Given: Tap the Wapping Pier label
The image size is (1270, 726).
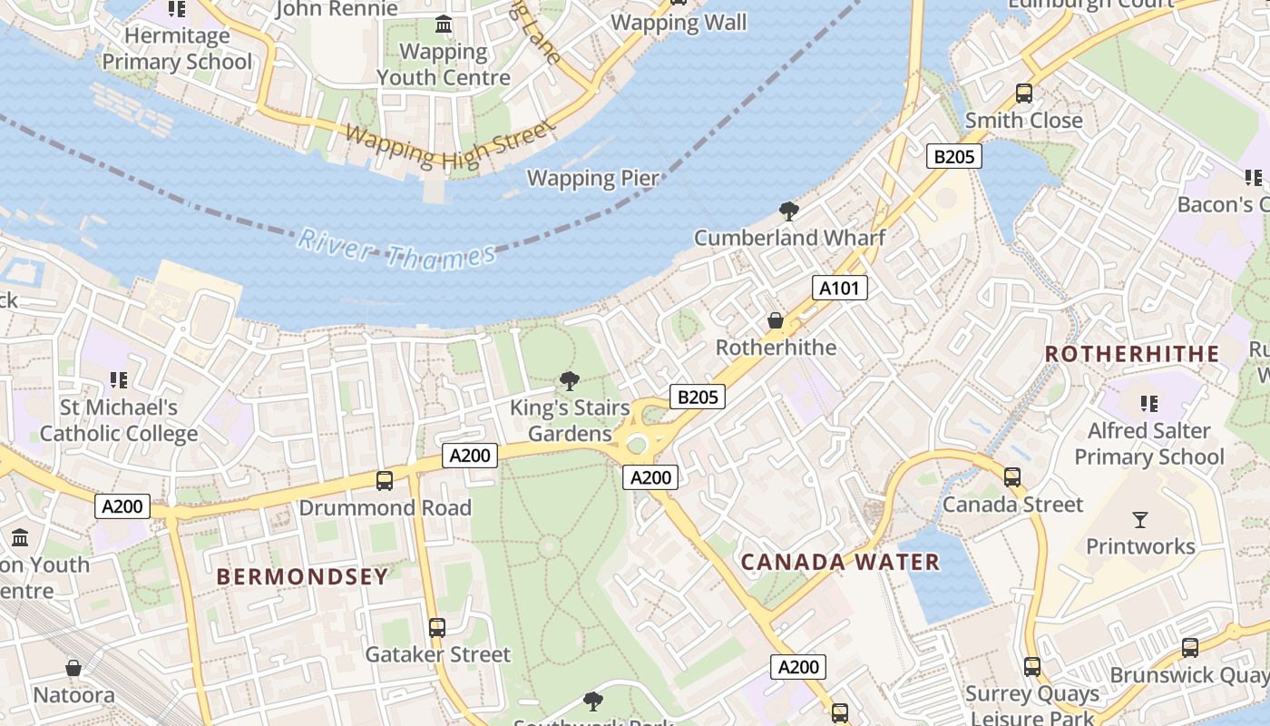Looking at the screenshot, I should pos(593,178).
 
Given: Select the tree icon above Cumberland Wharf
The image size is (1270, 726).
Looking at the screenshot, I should pos(789,211).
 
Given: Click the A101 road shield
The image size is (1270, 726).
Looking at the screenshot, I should pos(839,289).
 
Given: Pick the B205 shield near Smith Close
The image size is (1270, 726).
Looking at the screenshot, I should pos(953,157).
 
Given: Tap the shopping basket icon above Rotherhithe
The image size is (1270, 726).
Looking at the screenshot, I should pos(776,320).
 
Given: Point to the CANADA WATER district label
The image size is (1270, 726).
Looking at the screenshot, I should pos(840,563).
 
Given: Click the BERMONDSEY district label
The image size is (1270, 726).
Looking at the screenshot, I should pos(303,576).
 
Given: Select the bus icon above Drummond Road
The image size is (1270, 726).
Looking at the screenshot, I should pos(385,481).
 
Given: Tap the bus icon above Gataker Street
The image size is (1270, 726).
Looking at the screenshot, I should pos(437,627).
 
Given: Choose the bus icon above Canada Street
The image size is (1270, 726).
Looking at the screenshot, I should pos(1012,477).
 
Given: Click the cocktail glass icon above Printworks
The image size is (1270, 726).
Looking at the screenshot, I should pos(1140,520).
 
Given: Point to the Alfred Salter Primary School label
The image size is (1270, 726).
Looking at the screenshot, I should pos(1149,444).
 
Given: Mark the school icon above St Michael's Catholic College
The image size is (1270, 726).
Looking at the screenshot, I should pos(118,380).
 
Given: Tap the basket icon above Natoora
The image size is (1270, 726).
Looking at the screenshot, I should pos(73,669).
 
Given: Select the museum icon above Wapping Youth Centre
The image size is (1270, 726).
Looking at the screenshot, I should pos(444,24).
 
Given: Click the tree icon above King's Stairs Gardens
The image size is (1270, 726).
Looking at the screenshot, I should pos(570,380).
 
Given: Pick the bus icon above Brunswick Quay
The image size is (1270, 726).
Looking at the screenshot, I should pos(1189,648).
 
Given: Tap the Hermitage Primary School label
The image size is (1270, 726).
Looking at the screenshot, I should pos(177,49).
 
